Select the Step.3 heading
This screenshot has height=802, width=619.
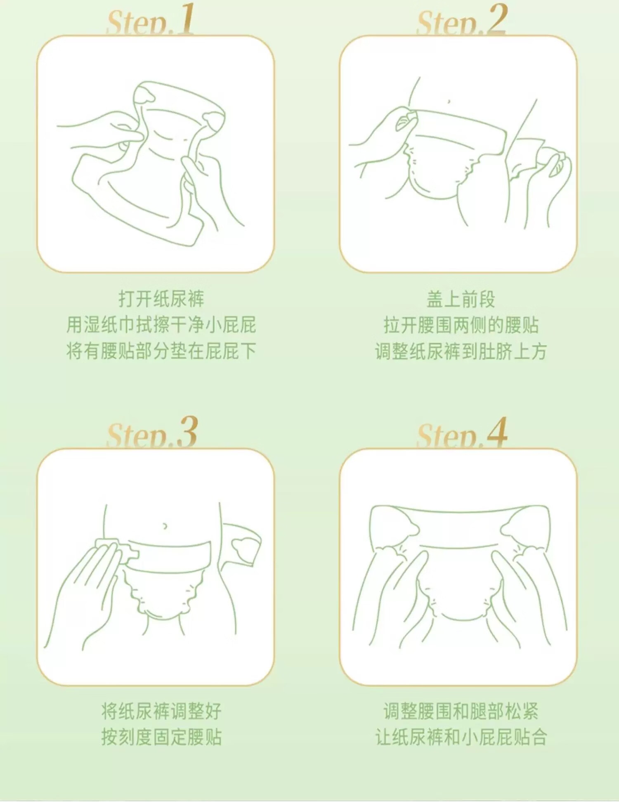tap(152, 433)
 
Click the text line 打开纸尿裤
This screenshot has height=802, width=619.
tap(161, 299)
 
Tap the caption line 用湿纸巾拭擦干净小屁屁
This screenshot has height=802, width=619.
tap(161, 325)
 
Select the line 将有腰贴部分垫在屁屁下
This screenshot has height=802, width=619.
tap(161, 351)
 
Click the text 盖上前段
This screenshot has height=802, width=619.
tap(461, 299)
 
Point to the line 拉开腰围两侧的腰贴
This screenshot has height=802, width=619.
tap(461, 325)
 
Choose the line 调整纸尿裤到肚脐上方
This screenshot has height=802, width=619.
tap(461, 351)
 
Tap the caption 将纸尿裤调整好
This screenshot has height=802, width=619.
tap(161, 711)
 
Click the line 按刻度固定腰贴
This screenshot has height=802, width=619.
tap(161, 737)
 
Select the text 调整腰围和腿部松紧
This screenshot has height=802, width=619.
tap(461, 711)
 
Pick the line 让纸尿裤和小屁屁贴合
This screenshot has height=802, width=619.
tap(461, 737)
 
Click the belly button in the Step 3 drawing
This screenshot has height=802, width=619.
tap(165, 526)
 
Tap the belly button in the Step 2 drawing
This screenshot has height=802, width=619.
tap(449, 101)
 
